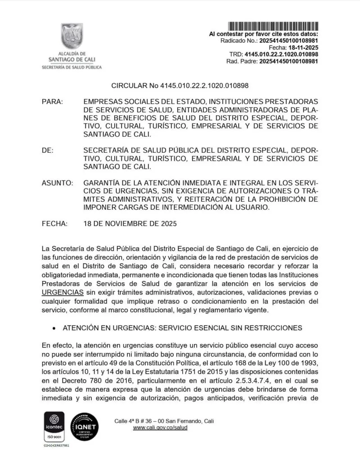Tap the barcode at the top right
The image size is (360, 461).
point(274,26)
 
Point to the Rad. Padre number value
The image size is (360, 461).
point(289,61)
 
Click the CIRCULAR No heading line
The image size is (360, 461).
point(180,85)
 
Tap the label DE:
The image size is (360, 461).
point(48,150)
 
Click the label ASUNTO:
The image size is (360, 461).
point(57,183)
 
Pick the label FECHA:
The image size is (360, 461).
point(54,223)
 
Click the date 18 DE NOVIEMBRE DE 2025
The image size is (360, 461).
point(130,223)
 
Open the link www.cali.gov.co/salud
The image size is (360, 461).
point(160,427)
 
